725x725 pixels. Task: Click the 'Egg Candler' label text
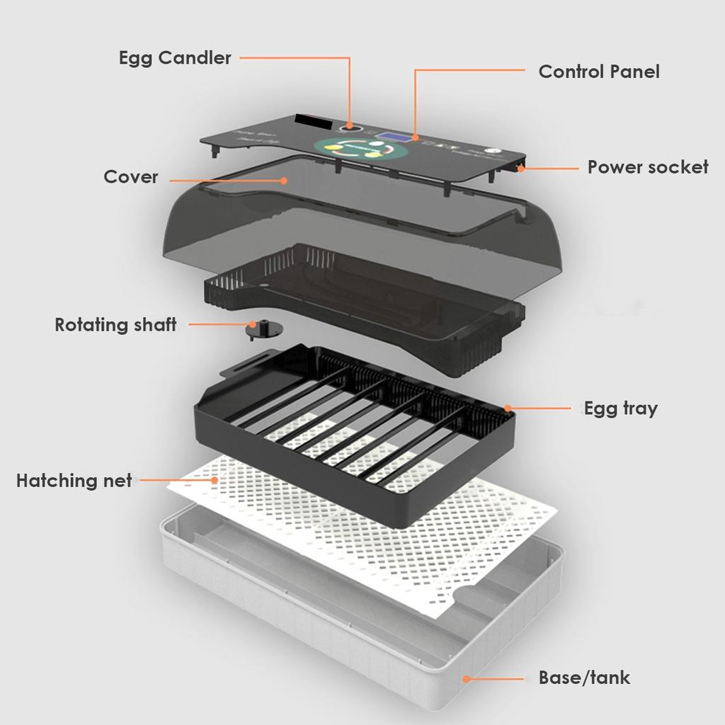click(175, 58)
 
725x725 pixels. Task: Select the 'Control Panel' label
click(598, 72)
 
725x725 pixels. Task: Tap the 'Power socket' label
click(647, 167)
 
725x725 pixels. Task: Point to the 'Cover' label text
click(131, 176)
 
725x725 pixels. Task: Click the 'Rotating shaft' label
click(115, 325)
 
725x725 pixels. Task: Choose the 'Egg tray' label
click(620, 409)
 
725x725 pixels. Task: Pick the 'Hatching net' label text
click(74, 481)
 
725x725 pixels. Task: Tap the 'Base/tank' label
click(584, 678)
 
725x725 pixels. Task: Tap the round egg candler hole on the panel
click(350, 127)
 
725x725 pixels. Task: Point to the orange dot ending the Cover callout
click(284, 180)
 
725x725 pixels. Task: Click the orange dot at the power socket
click(522, 169)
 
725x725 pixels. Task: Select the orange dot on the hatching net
click(215, 480)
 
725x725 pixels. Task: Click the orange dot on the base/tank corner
click(466, 678)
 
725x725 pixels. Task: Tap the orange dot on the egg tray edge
click(508, 409)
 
